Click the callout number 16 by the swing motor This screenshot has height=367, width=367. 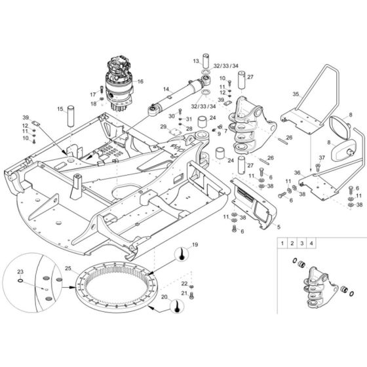pyautogui.click(x=140, y=81)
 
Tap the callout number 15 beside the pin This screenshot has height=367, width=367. pyautogui.click(x=60, y=108)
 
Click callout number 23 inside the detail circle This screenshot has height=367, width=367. pyautogui.click(x=20, y=271)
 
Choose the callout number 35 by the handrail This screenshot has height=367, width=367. pyautogui.click(x=296, y=95)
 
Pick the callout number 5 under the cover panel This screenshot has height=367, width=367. pyautogui.click(x=279, y=226)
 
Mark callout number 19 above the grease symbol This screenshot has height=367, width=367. pyautogui.click(x=195, y=244)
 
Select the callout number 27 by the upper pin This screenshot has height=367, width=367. pyautogui.click(x=250, y=77)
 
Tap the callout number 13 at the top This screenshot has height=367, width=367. pyautogui.click(x=195, y=60)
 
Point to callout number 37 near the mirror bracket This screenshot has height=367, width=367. pyautogui.click(x=322, y=158)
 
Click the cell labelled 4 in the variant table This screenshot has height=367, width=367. pyautogui.click(x=312, y=243)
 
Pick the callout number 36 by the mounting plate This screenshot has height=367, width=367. pyautogui.click(x=297, y=172)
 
